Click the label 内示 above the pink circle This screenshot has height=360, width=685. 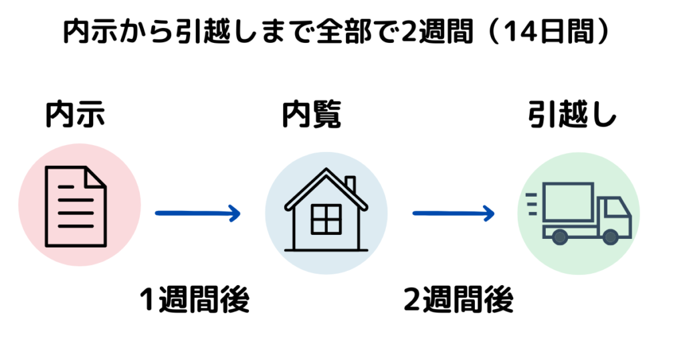pos(75,114)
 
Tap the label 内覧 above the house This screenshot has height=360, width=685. pos(312,114)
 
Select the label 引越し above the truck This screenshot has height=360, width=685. pos(572,114)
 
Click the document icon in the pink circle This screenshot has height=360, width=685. pos(76,207)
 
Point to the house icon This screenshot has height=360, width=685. pos(326,209)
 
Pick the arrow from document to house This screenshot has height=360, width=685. pos(198,213)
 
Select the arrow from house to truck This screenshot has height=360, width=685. pos(454,213)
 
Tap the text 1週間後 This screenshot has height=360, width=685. pos(195,299)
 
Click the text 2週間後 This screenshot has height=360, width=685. pos(459,299)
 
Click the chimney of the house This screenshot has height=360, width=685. pos(350,183)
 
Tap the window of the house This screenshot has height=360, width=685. pos(326,219)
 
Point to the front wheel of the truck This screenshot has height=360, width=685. pos(610,238)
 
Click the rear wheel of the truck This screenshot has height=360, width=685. pos(560,238)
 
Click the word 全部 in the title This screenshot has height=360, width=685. pos(344,32)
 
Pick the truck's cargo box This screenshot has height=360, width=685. pos(568,202)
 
